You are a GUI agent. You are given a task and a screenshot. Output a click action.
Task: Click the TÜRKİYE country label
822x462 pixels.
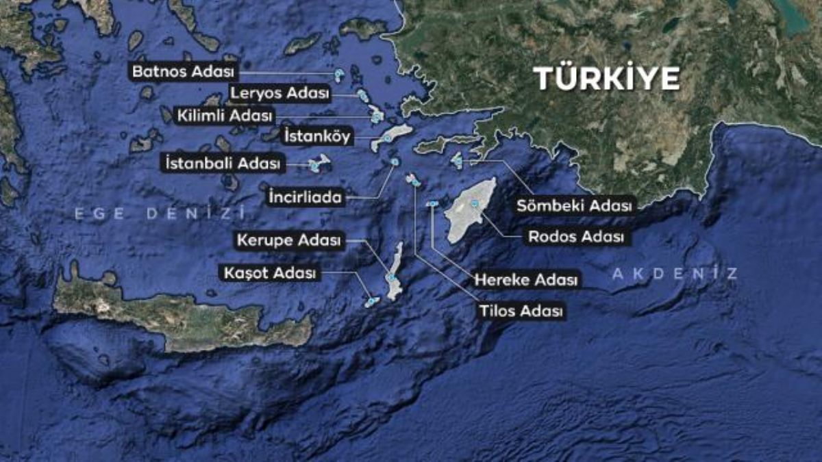[x=607, y=79]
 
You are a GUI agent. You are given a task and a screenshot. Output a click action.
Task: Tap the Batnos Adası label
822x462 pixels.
[x=184, y=71]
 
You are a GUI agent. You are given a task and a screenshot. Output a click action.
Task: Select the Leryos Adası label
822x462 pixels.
[x=279, y=93]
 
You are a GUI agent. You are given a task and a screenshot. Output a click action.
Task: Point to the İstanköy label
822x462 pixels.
[x=317, y=137]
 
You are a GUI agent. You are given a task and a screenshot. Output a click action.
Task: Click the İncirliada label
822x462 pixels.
[x=303, y=198]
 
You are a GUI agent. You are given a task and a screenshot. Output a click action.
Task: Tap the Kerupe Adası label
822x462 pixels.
[x=288, y=240]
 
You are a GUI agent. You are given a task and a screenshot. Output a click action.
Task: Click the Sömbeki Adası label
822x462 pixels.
[x=576, y=205]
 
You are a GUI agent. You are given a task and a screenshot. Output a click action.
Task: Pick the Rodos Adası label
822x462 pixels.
[x=576, y=238]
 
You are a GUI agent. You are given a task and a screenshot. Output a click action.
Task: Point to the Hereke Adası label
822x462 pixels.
[x=526, y=280]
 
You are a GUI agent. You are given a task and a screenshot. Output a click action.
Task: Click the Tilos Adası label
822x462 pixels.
[x=521, y=311]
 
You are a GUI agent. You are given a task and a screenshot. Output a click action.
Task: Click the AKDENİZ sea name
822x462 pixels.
[x=674, y=274]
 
